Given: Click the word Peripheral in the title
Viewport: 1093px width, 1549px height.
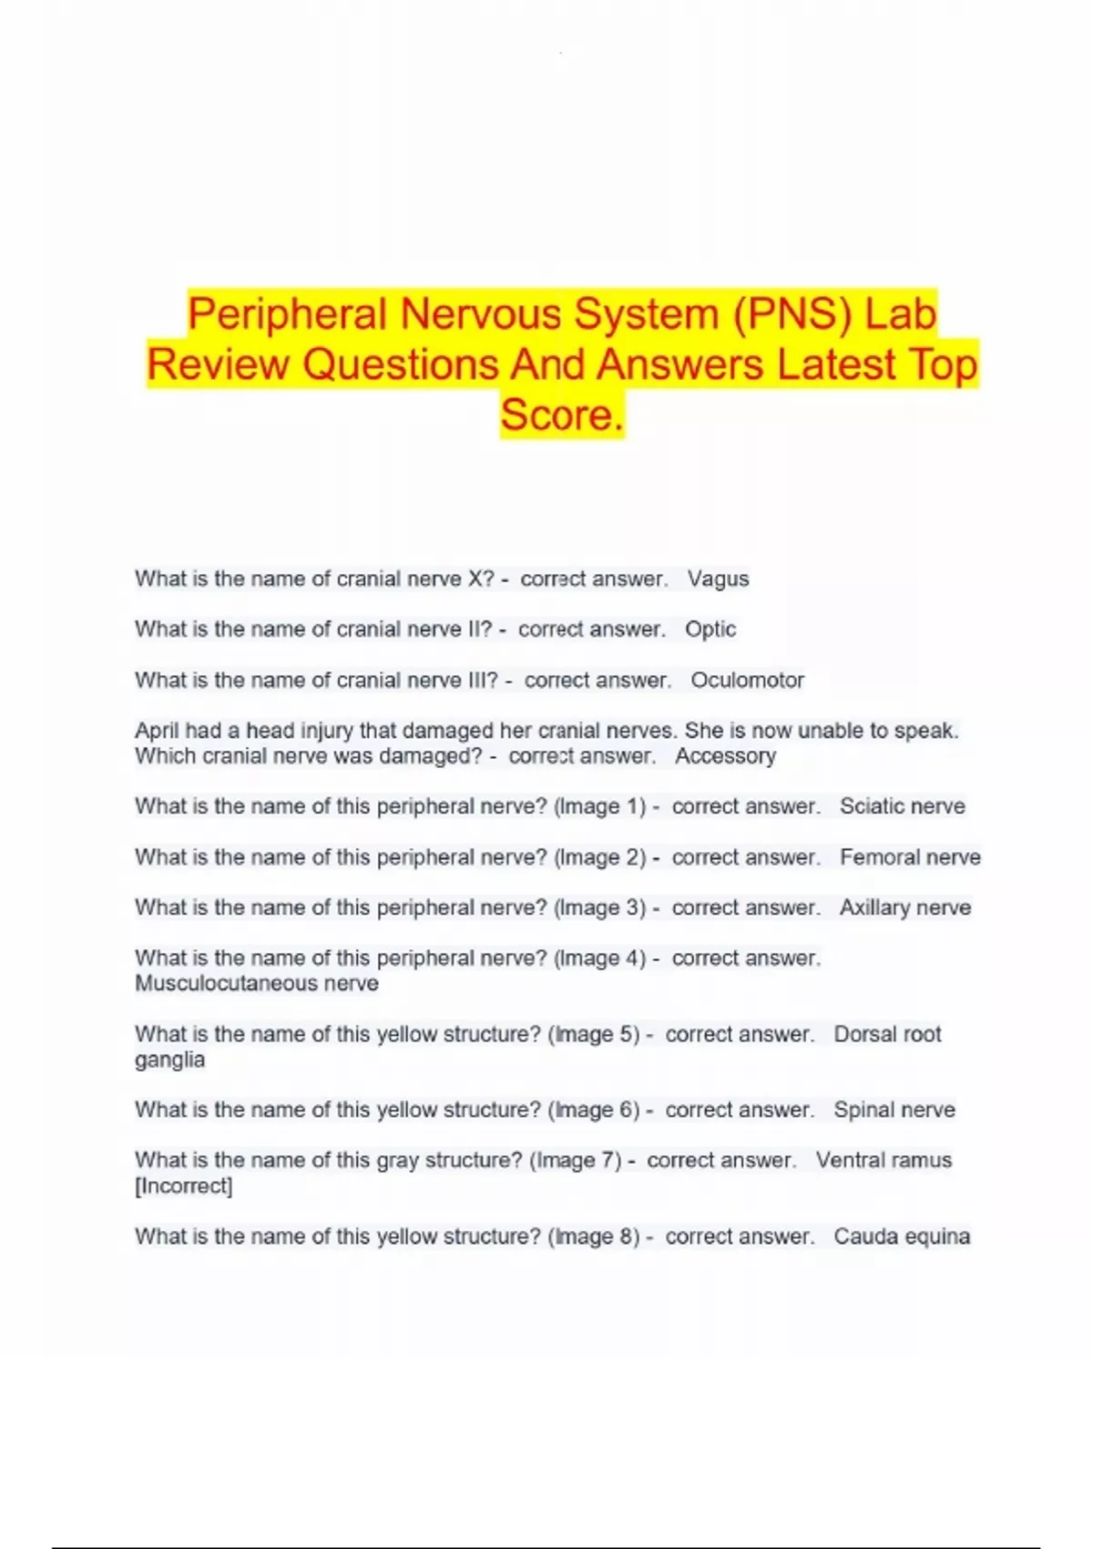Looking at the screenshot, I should pos(288,314).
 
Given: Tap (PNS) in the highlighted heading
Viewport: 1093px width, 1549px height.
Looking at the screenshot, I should pos(790,314).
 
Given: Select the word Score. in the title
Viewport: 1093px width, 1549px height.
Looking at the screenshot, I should pos(562,415).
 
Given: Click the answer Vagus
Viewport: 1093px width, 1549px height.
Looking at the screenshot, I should pos(718,580).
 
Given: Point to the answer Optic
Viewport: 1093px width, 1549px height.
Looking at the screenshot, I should pos(710,630).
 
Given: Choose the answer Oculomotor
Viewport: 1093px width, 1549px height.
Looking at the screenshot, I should pos(747,681).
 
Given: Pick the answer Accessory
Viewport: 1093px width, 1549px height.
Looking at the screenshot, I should pos(725,756).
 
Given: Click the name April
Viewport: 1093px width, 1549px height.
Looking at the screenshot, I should pos(157,731).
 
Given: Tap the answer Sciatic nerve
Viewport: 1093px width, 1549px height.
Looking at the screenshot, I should pos(902,806).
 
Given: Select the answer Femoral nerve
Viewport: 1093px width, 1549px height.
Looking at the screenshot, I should pos(910,857).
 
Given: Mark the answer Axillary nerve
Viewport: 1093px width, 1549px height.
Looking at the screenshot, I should pos(904,908).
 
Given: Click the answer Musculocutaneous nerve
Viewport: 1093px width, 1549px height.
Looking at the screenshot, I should pos(257,984).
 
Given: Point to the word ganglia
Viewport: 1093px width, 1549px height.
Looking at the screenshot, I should pos(169,1061).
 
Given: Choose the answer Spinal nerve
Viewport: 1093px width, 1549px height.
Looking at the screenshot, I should pos(894,1110).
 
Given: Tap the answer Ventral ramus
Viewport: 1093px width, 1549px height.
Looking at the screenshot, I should pos(884,1160).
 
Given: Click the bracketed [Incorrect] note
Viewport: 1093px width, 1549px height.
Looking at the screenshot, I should pos(184,1186).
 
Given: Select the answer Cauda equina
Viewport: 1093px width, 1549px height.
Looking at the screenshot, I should pos(902,1236).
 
